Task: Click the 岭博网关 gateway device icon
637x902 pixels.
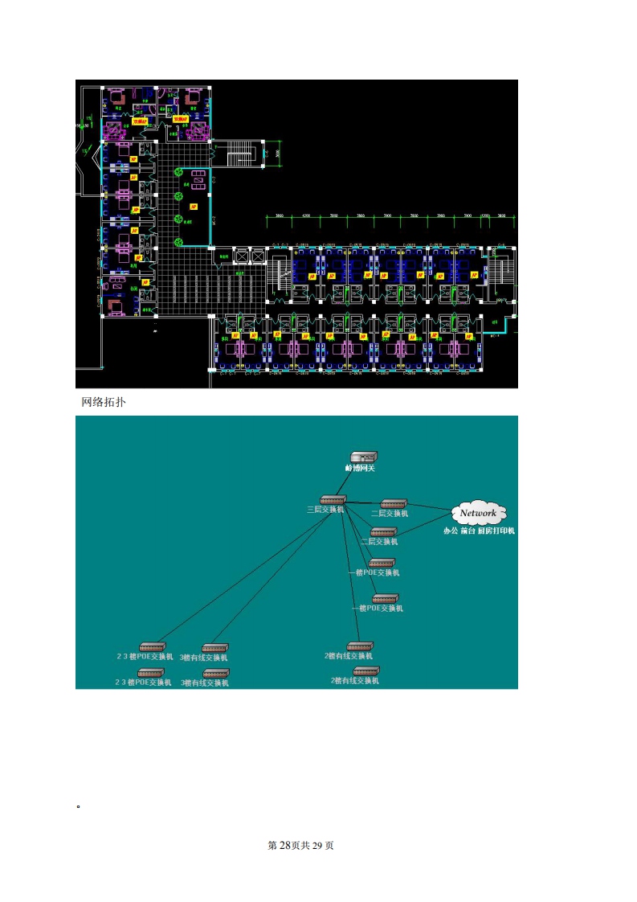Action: coord(361,457)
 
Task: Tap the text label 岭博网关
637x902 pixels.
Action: coord(360,468)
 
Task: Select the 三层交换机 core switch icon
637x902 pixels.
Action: coord(332,500)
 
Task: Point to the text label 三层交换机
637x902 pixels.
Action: coord(325,510)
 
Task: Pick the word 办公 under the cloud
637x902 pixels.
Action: coord(451,531)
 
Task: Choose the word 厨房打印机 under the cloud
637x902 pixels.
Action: coord(496,531)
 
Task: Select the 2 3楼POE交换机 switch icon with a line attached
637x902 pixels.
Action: coord(151,646)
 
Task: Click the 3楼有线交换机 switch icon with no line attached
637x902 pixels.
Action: coord(216,673)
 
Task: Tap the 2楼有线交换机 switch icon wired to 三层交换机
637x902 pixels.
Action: coord(360,646)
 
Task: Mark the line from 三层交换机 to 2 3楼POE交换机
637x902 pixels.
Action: coord(241,574)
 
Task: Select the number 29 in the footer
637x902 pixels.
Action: coord(316,846)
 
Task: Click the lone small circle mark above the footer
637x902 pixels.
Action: coord(78,805)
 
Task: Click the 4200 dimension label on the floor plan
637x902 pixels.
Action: coord(306,216)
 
